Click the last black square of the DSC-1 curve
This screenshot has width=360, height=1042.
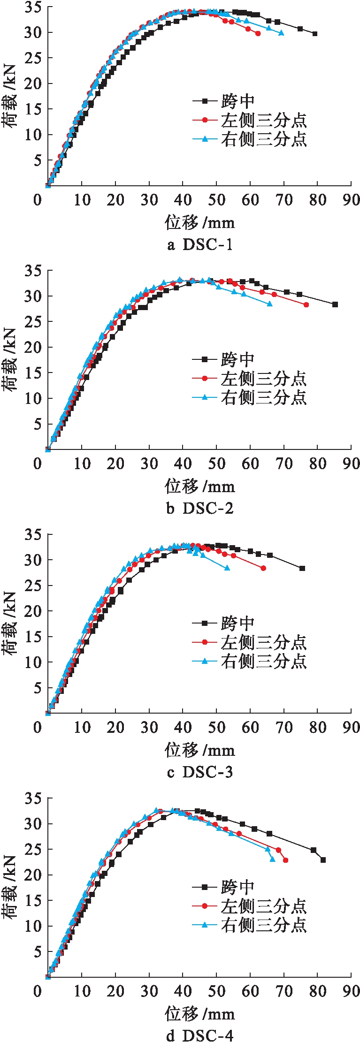coord(314,34)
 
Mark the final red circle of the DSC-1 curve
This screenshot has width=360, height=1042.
coord(258,34)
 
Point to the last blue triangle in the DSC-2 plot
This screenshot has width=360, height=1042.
coord(269,304)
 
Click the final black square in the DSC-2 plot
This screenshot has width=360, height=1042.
coord(335,304)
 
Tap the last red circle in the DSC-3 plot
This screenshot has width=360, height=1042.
coord(263,568)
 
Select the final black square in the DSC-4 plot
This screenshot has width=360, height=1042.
coord(323,860)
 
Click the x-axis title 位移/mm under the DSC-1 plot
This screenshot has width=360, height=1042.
coord(200,222)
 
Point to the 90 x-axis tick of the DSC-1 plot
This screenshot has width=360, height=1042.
coord(351,200)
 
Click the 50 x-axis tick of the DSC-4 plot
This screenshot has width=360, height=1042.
coord(216,991)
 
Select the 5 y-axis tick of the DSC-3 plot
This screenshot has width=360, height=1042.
coord(37,688)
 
